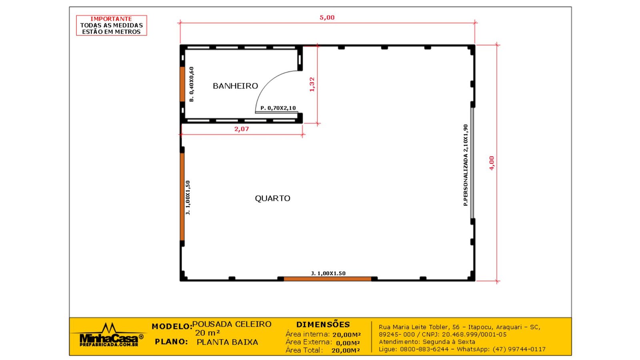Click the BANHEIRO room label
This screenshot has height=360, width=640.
[235, 86]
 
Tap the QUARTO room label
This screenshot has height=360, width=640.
[272, 198]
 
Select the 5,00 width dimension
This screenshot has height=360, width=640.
[327, 18]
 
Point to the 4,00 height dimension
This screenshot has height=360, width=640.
[492, 163]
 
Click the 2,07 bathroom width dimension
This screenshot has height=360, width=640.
[242, 129]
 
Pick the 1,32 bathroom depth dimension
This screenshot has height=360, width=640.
[312, 84]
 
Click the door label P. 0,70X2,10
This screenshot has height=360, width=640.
[278, 108]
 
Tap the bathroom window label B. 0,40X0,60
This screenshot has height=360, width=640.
[192, 84]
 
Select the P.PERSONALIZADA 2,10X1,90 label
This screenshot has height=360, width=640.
[466, 165]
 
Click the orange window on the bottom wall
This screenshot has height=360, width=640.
[327, 279]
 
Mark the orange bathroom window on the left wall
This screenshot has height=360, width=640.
[182, 84]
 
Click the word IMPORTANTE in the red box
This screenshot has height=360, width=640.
[111, 19]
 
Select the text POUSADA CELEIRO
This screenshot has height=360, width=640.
[232, 324]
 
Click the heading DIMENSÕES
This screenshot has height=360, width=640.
[323, 324]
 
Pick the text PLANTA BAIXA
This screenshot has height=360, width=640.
[227, 342]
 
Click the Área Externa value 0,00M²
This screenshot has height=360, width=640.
[348, 343]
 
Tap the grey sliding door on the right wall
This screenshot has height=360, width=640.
[472, 163]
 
